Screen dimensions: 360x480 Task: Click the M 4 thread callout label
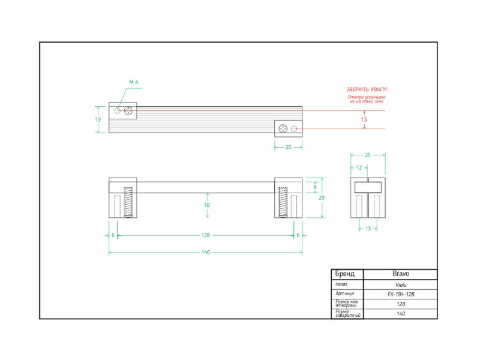[x=134, y=82]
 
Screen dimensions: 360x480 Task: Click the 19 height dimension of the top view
[x=98, y=119]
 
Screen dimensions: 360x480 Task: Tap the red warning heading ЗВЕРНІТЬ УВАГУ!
[x=367, y=89]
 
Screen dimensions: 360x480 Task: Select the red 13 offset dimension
[x=364, y=119]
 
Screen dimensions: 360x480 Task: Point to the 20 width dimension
[x=288, y=146]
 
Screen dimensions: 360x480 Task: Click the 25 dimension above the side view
[x=368, y=155]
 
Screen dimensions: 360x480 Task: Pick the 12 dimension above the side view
[x=358, y=167]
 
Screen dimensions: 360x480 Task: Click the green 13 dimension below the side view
[x=368, y=228]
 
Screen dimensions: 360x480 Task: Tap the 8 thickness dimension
[x=315, y=187]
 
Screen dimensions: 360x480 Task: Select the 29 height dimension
[x=322, y=197]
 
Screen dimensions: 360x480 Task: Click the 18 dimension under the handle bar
[x=207, y=205]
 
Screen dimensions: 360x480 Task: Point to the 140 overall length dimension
[x=205, y=253]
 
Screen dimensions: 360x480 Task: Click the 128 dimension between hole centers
[x=205, y=236]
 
